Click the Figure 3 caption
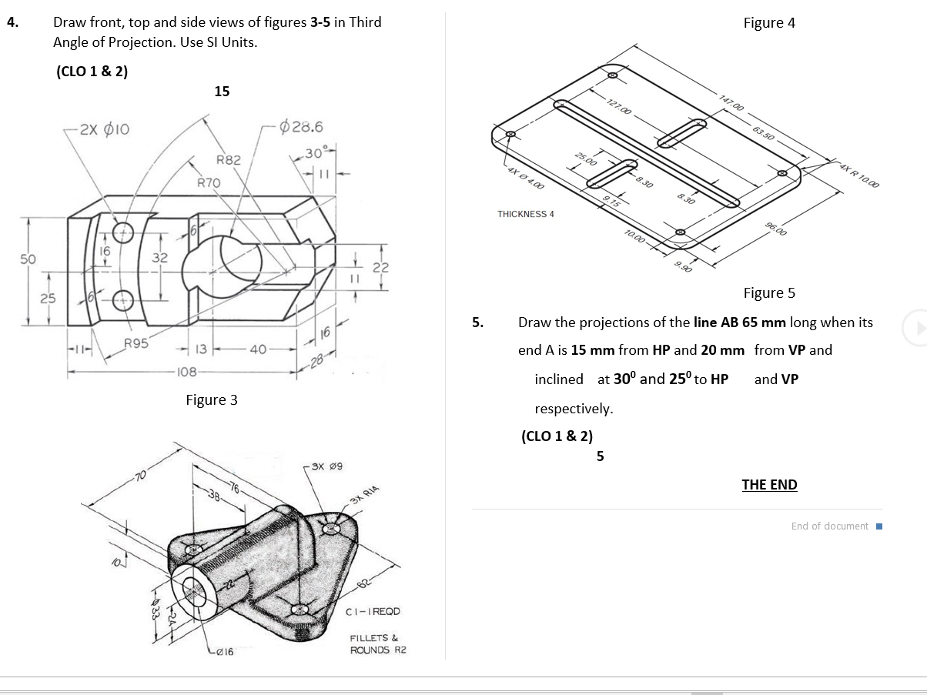click(212, 399)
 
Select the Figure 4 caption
click(769, 22)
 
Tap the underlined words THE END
click(769, 485)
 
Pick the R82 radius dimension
click(229, 160)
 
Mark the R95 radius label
click(137, 343)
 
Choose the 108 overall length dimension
click(188, 372)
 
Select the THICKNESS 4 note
click(525, 214)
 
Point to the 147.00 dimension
click(732, 102)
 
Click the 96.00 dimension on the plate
click(777, 228)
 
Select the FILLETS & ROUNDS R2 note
click(377, 644)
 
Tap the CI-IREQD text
click(373, 611)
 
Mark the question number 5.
click(477, 322)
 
